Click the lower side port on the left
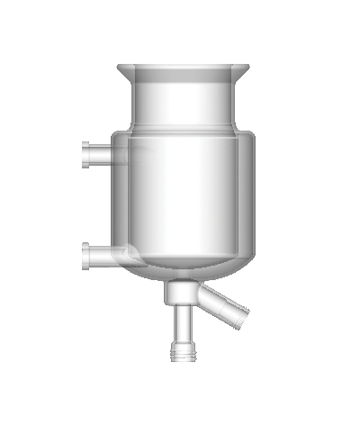[101, 255]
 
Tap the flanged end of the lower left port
[84, 255]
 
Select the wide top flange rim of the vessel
[185, 68]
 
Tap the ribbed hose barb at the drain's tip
[183, 351]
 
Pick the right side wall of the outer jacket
[256, 198]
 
